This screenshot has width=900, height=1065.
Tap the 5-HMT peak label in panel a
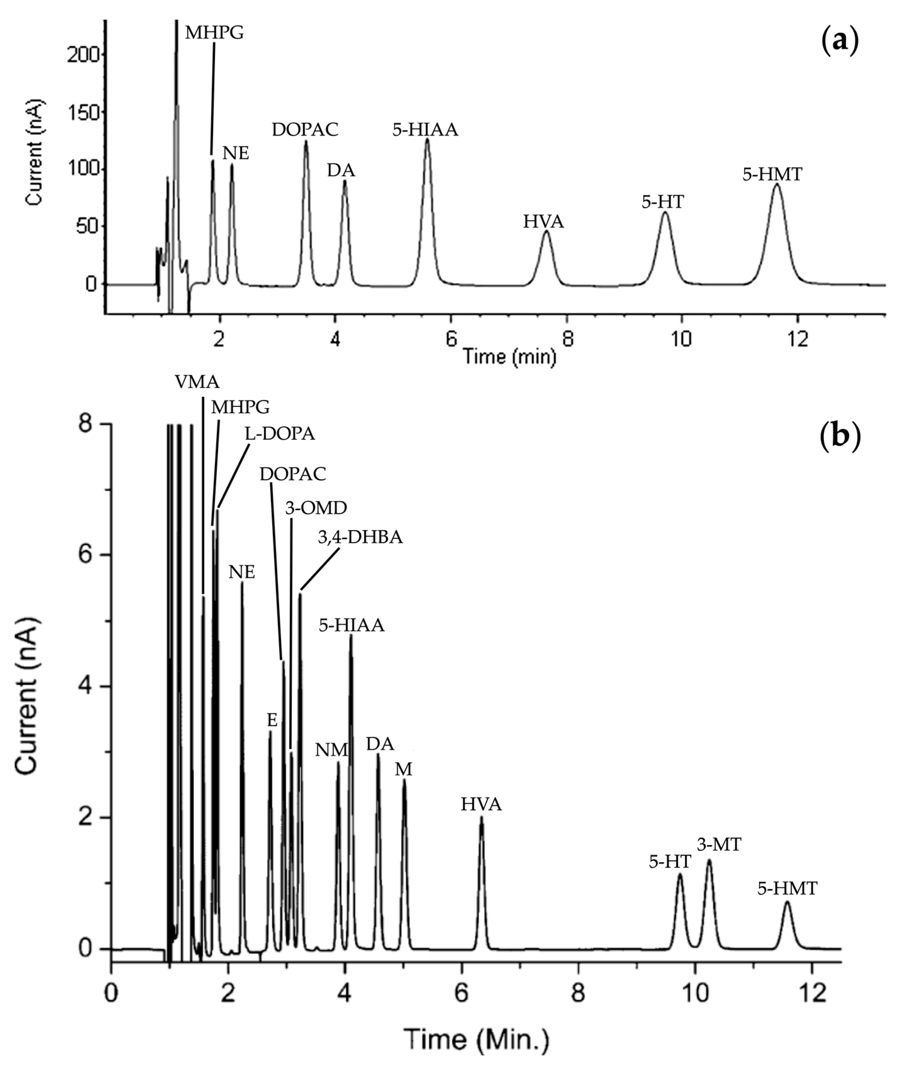tap(772, 175)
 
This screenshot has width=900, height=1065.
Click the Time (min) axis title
tap(509, 356)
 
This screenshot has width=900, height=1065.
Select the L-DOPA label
tap(280, 434)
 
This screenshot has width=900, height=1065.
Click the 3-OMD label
tap(316, 508)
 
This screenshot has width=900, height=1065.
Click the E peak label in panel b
tap(272, 720)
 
